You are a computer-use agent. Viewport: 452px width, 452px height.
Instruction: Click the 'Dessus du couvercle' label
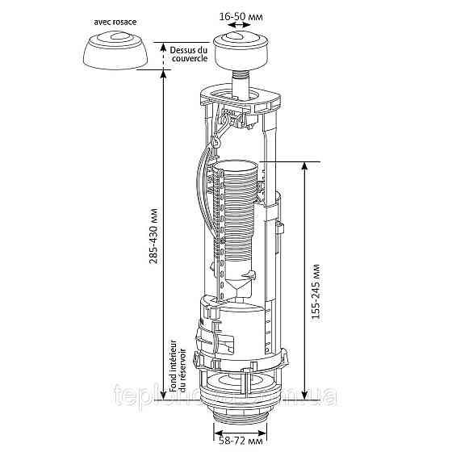pyautogui.click(x=189, y=54)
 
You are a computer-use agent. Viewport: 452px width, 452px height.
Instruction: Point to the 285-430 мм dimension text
pyautogui.click(x=153, y=241)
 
